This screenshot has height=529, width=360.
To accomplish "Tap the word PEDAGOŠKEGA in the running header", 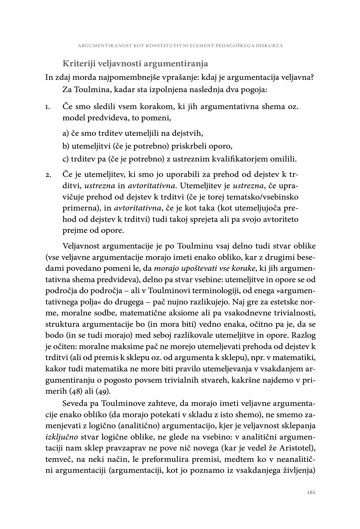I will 233,46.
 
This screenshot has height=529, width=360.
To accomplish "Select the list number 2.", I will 48,175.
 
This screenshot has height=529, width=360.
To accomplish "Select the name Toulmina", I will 90,90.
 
